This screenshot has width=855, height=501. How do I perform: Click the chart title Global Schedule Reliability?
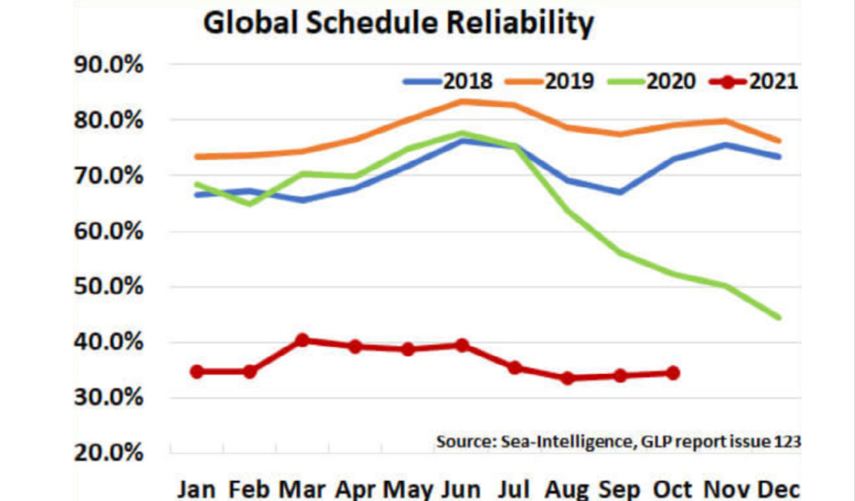[x=398, y=23]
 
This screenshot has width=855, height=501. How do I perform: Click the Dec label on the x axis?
[x=778, y=488]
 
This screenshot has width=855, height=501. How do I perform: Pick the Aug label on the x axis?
[x=569, y=488]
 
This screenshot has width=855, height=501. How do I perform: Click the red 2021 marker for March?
[x=302, y=340]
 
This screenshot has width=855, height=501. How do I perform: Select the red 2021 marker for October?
[x=673, y=373]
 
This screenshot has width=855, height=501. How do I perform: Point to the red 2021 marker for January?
[x=197, y=372]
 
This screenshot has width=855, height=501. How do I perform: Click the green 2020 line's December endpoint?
[x=778, y=317]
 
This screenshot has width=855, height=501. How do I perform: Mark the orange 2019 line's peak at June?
[x=462, y=102]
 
